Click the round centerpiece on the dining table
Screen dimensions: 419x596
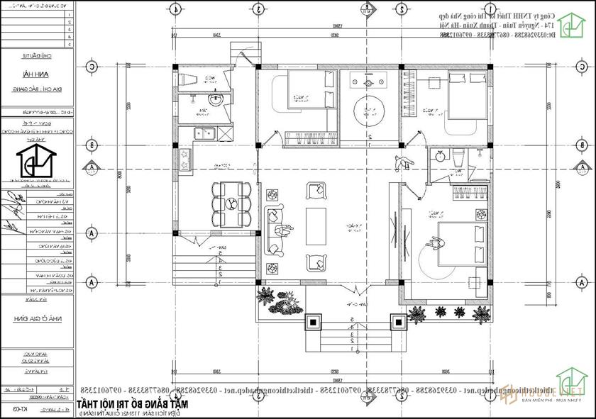(x=231, y=203)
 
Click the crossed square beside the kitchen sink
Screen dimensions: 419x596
(x=223, y=133)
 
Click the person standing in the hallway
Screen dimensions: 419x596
(x=403, y=162)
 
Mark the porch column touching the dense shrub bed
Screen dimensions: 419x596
(x=312, y=323)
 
